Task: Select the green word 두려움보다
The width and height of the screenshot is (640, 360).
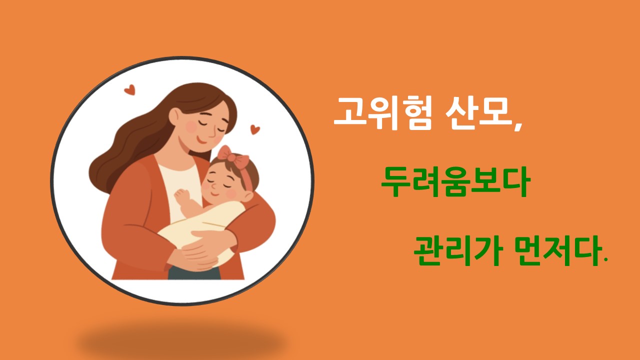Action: point(454,182)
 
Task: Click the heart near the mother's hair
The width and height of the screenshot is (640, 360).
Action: point(129,90)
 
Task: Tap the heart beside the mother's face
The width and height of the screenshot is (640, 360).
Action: point(255,129)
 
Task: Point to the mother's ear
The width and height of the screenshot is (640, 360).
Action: point(173,116)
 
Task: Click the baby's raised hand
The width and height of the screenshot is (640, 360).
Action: point(181,197)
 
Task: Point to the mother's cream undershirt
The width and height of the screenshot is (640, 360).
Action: point(180,180)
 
